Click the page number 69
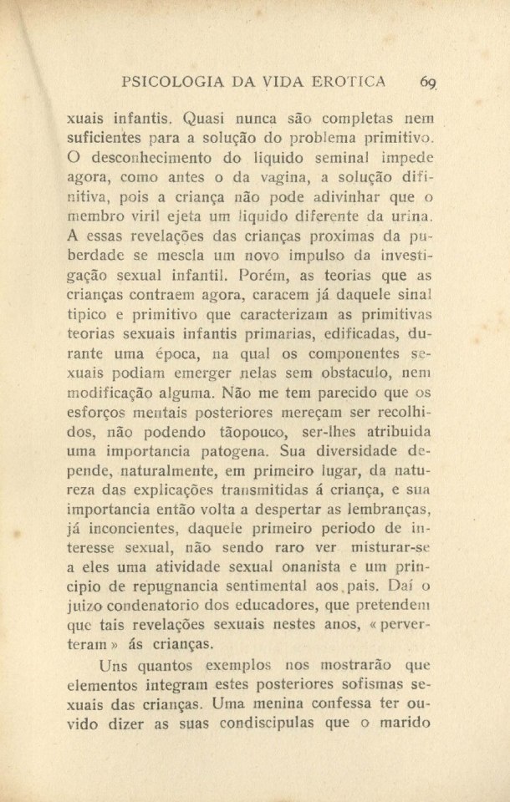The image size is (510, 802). click(430, 82)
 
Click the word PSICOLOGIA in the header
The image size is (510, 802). click(174, 82)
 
